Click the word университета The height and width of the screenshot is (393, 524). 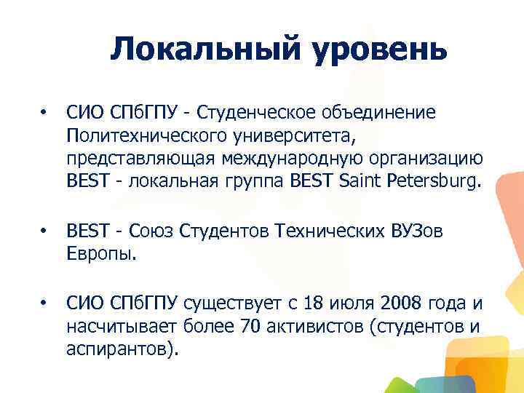[276, 135]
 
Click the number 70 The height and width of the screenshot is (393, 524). [248, 326]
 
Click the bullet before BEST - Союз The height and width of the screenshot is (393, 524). [44, 231]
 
